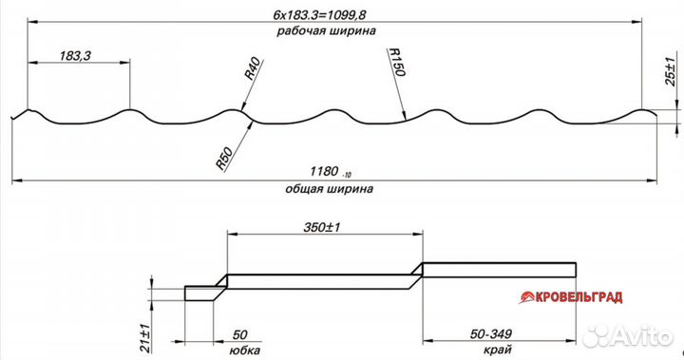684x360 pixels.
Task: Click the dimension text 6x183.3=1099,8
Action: coord(320,15)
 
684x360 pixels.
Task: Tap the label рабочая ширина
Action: coord(326,31)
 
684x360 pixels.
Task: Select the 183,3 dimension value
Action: coord(75,56)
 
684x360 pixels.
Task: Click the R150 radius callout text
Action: coord(396,62)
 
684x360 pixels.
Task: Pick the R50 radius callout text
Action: coord(224,159)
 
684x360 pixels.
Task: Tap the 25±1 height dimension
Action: coord(670,71)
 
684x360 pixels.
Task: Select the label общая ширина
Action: coord(330,189)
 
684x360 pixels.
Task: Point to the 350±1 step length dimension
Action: coord(322,227)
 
